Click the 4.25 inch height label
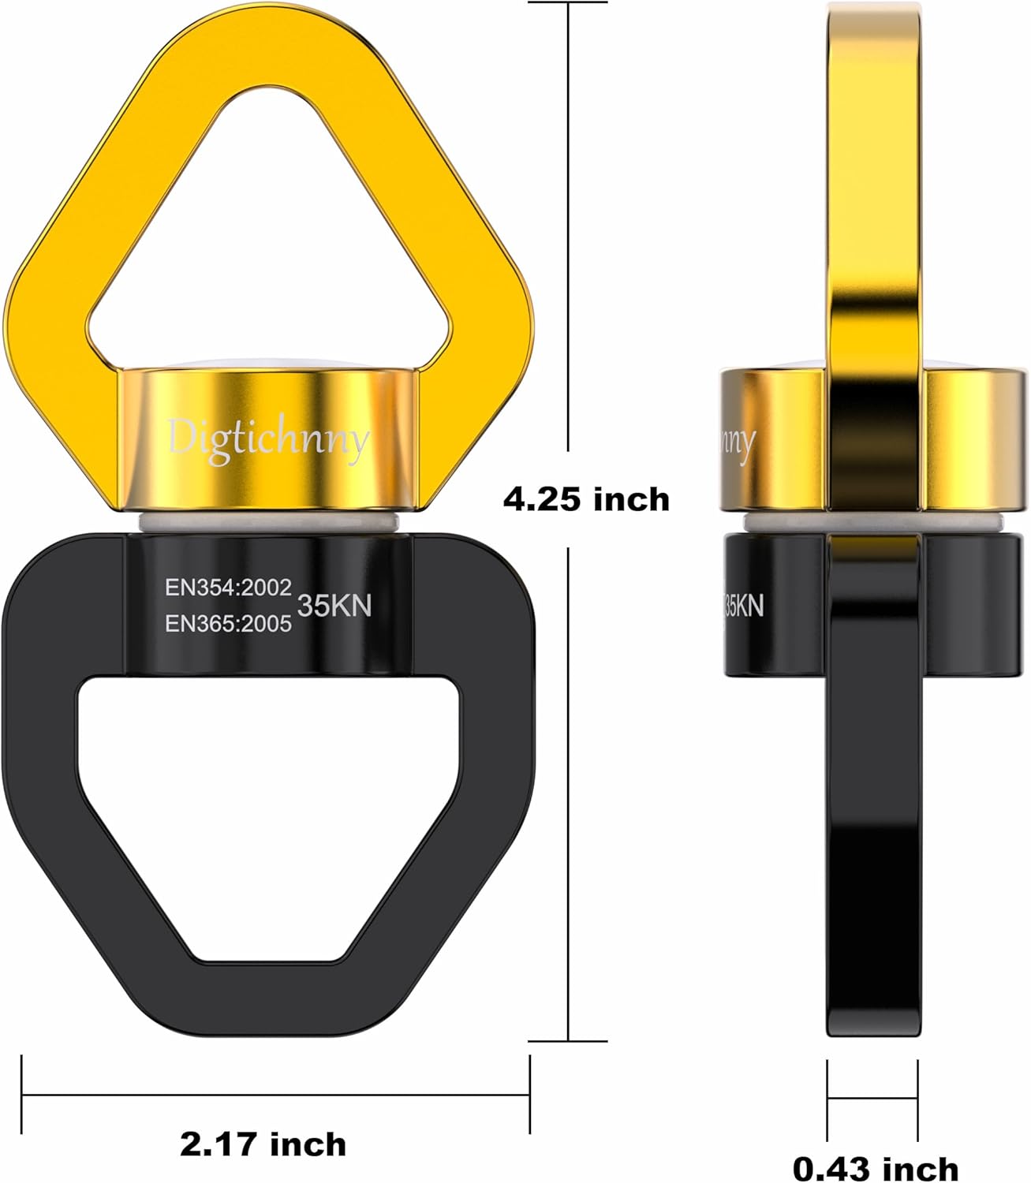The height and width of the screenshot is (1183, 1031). tap(586, 500)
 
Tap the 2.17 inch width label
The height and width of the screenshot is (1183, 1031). tap(263, 1144)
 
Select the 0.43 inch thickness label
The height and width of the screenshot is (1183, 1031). tap(875, 1168)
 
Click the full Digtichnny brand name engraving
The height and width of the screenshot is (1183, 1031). tap(268, 439)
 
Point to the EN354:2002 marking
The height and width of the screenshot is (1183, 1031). tap(228, 588)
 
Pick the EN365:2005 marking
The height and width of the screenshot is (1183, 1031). tap(228, 624)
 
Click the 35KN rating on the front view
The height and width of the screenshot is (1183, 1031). tap(334, 606)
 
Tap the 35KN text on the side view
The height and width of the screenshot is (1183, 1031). tap(744, 606)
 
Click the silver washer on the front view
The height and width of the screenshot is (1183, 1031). tap(268, 522)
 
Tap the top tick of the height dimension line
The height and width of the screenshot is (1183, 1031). tap(569, 2)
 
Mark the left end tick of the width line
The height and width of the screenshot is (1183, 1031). tap(23, 1094)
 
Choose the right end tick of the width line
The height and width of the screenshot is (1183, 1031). tap(529, 1094)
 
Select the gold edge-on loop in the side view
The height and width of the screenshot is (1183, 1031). tap(874, 197)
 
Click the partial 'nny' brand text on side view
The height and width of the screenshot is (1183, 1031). tap(738, 442)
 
